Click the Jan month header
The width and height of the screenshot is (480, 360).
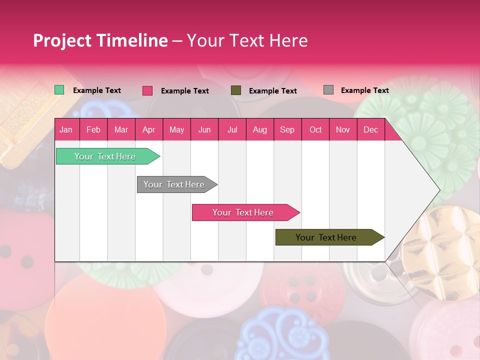(66, 129)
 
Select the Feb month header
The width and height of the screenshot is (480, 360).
(93, 129)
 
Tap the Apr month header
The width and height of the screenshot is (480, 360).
(148, 129)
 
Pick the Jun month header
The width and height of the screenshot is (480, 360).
(204, 129)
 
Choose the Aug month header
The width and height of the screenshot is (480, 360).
(259, 129)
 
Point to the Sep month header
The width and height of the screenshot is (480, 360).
(287, 129)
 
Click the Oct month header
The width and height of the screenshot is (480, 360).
(315, 129)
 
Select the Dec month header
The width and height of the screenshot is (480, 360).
(370, 129)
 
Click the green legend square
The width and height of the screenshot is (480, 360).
(59, 90)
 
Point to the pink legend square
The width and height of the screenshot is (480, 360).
(147, 90)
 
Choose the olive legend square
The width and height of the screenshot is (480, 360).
(236, 90)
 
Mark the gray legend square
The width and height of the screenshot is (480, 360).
(328, 90)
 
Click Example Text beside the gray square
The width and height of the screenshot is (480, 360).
(364, 90)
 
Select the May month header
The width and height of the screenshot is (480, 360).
(176, 129)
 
